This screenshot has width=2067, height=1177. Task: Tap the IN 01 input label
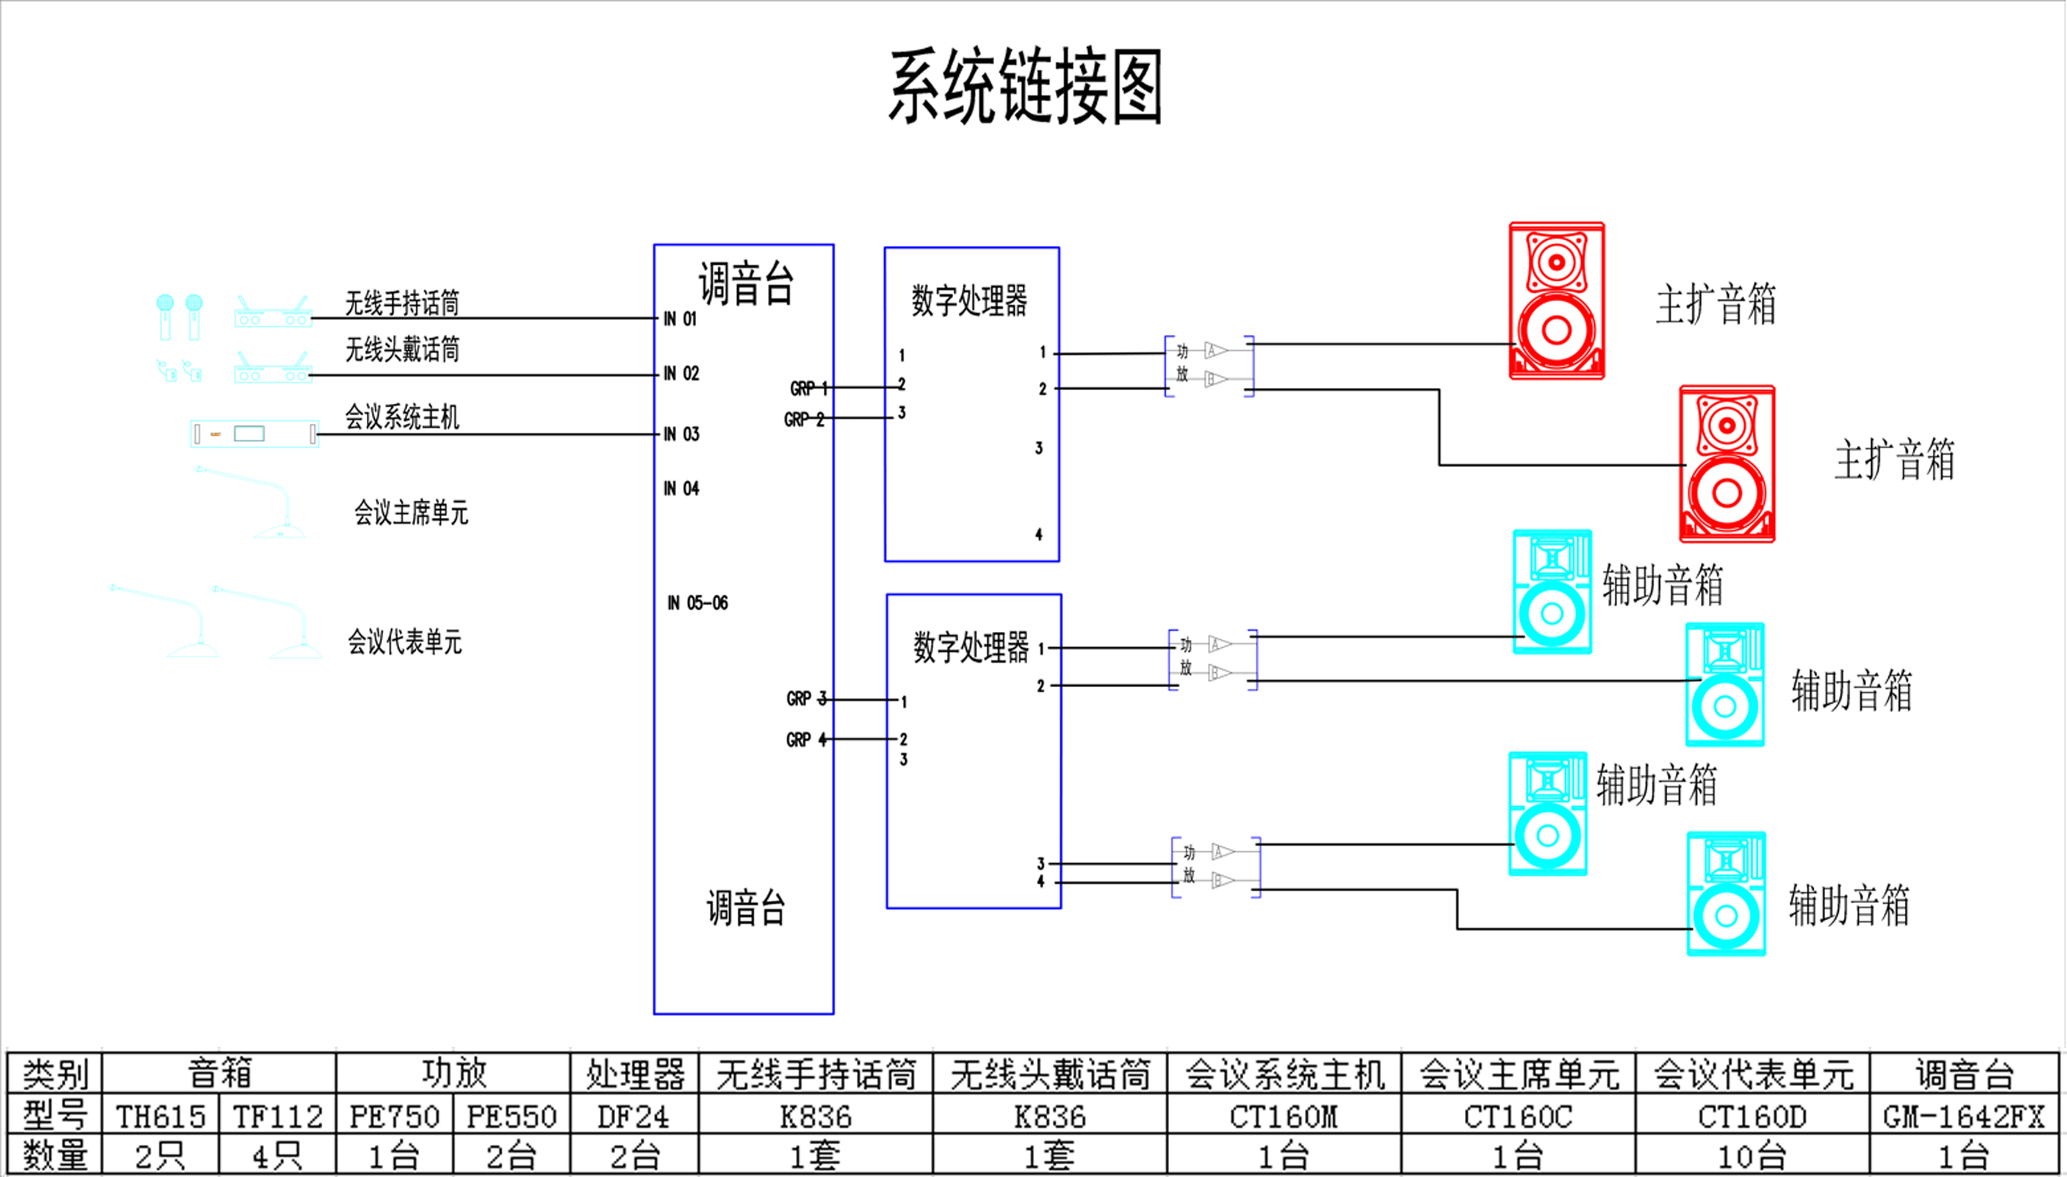[x=680, y=318]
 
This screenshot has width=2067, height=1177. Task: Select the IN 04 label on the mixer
[x=681, y=488]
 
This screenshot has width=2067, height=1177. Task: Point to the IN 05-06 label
[x=697, y=603]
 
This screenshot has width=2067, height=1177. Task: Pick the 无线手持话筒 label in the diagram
[x=402, y=303]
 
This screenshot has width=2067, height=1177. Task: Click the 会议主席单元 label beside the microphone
[x=411, y=513]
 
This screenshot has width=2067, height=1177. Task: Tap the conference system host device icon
[x=254, y=434]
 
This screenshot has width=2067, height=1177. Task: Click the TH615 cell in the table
[x=160, y=1116]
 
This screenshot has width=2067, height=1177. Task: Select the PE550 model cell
[x=511, y=1116]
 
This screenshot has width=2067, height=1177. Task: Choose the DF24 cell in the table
[x=633, y=1116]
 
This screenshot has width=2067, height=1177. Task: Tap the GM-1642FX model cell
[x=1963, y=1116]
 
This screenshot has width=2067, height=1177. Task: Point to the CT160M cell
[x=1283, y=1116]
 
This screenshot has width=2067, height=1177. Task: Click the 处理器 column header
[x=634, y=1074]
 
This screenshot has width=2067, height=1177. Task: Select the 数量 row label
[x=54, y=1156]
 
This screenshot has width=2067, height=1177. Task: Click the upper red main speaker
[x=1557, y=301]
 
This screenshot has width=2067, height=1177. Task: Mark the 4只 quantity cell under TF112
[x=276, y=1156]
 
